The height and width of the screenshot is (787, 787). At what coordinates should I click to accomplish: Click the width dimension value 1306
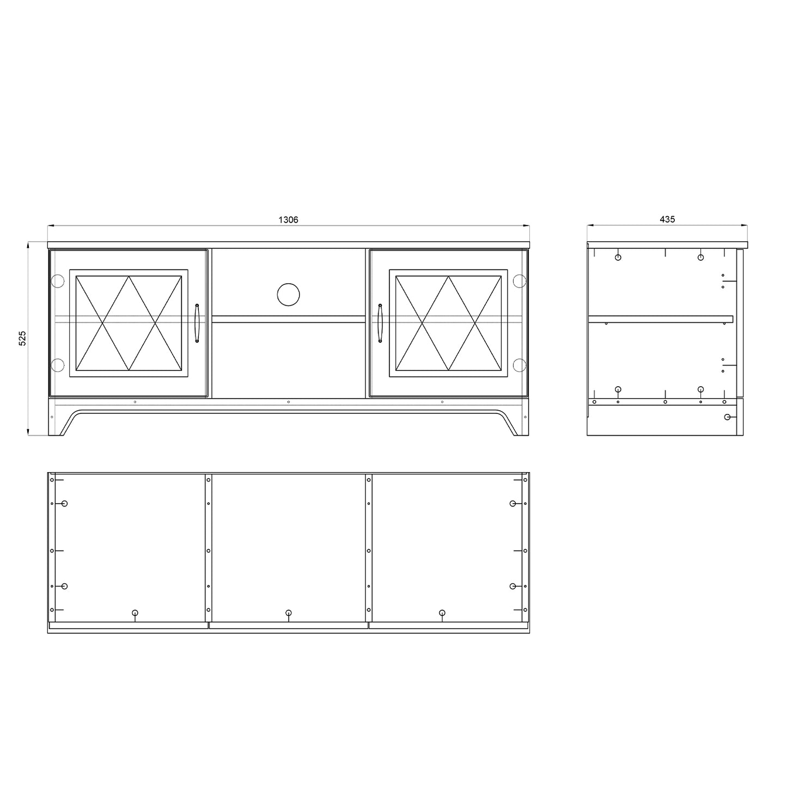pyautogui.click(x=288, y=219)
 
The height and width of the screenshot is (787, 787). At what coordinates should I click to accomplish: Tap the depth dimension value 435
pyautogui.click(x=667, y=219)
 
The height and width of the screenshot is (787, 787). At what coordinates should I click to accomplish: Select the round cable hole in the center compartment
pyautogui.click(x=288, y=294)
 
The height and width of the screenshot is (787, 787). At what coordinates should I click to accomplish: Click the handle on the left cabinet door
pyautogui.click(x=197, y=323)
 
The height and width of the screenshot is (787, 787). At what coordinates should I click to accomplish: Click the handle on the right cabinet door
pyautogui.click(x=380, y=323)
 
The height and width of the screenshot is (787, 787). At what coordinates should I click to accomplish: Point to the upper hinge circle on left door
pyautogui.click(x=57, y=281)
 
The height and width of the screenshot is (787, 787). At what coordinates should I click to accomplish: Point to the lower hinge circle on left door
pyautogui.click(x=57, y=364)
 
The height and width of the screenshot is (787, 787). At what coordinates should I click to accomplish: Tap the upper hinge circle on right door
pyautogui.click(x=520, y=281)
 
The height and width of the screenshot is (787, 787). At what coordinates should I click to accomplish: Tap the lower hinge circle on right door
pyautogui.click(x=520, y=364)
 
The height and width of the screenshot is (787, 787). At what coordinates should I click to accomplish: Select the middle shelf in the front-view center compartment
pyautogui.click(x=288, y=319)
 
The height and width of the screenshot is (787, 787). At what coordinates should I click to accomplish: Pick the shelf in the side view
pyautogui.click(x=660, y=319)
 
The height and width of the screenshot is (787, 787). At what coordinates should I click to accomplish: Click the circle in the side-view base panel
pyautogui.click(x=728, y=417)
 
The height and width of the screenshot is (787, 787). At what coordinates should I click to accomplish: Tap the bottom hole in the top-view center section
pyautogui.click(x=288, y=613)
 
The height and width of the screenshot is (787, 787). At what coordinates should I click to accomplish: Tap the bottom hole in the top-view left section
pyautogui.click(x=135, y=613)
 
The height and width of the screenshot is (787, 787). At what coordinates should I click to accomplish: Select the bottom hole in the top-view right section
pyautogui.click(x=442, y=613)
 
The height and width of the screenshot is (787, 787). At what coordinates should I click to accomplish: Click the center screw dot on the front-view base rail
pyautogui.click(x=288, y=402)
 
